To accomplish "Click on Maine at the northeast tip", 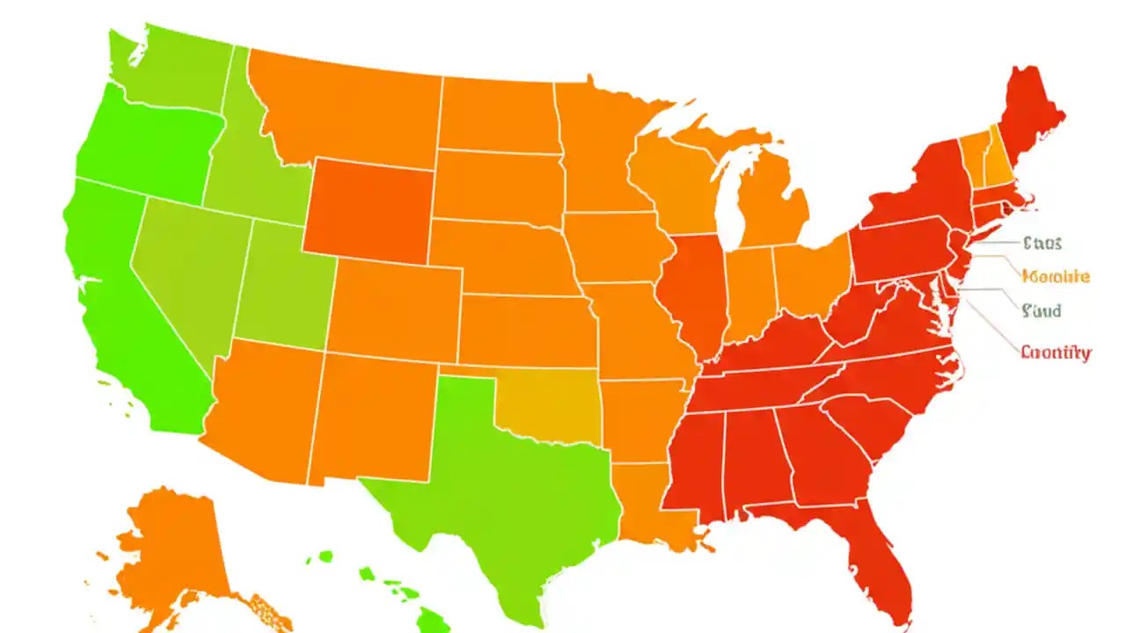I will coord(1029,114).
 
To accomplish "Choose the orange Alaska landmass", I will coord(172,545).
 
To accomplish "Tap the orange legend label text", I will coord(1056,276).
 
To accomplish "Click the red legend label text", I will coord(1056,353).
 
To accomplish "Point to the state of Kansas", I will coord(528,330).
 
